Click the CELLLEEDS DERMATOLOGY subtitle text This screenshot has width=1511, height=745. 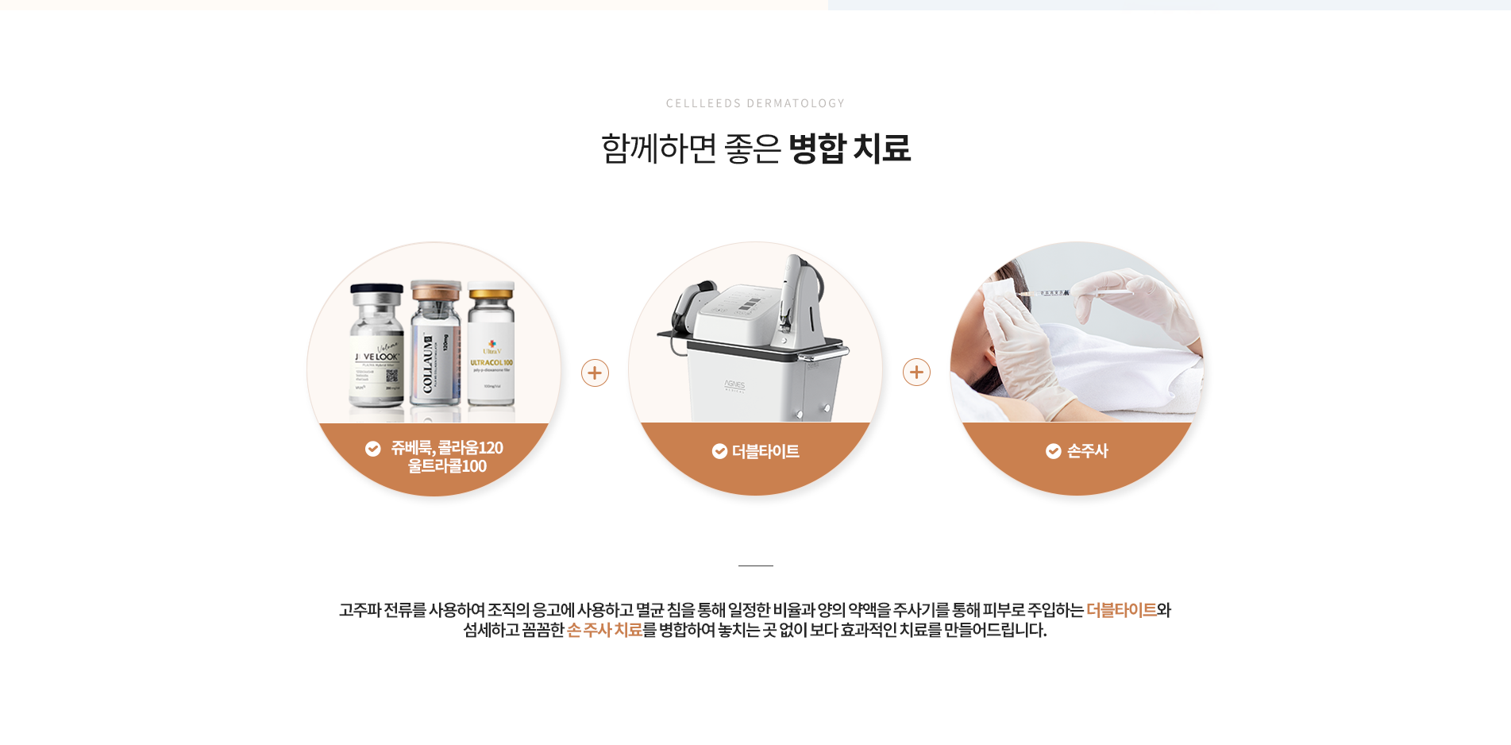pyautogui.click(x=755, y=103)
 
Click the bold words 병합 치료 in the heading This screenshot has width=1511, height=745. pyautogui.click(x=849, y=149)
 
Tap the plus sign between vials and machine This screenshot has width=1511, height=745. pyautogui.click(x=595, y=372)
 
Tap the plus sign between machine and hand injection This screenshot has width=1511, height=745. pyautogui.click(x=916, y=372)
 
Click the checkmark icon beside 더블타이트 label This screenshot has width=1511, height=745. pyautogui.click(x=719, y=451)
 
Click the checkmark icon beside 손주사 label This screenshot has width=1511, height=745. pyautogui.click(x=1053, y=451)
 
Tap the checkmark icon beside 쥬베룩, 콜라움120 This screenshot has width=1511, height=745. pyautogui.click(x=372, y=449)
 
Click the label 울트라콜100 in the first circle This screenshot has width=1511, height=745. pyautogui.click(x=447, y=466)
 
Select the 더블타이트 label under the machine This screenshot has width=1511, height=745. pyautogui.click(x=765, y=451)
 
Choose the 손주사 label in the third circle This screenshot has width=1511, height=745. pyautogui.click(x=1087, y=451)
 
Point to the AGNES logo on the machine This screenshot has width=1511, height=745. pyautogui.click(x=734, y=385)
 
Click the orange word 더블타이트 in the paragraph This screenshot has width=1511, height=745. pyautogui.click(x=1120, y=610)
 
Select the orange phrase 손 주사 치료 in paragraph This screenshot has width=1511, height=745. pyautogui.click(x=604, y=630)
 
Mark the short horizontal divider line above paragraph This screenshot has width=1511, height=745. pyautogui.click(x=755, y=566)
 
